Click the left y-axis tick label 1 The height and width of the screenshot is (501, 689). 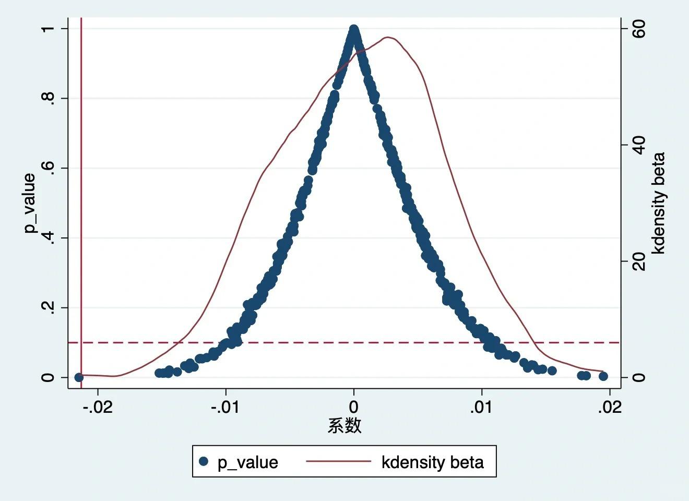pyautogui.click(x=47, y=28)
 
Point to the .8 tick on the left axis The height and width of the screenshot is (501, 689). pyautogui.click(x=47, y=98)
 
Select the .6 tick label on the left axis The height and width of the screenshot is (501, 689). pyautogui.click(x=47, y=168)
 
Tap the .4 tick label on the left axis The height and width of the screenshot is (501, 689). pyautogui.click(x=47, y=238)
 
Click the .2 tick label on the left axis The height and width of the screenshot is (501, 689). pyautogui.click(x=47, y=308)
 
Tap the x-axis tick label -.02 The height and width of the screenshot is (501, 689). pyautogui.click(x=98, y=407)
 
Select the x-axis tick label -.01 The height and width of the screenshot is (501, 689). pyautogui.click(x=225, y=407)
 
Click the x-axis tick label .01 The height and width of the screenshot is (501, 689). pyautogui.click(x=481, y=407)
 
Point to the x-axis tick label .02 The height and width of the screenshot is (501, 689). pyautogui.click(x=610, y=407)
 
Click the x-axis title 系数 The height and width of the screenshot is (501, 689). pyautogui.click(x=344, y=426)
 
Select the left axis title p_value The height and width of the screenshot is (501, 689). pyautogui.click(x=30, y=203)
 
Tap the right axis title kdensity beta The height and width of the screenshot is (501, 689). pyautogui.click(x=659, y=203)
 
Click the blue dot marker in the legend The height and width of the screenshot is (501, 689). pyautogui.click(x=204, y=461)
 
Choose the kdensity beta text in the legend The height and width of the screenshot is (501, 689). pyautogui.click(x=432, y=462)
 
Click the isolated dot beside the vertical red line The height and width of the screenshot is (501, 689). pyautogui.click(x=79, y=377)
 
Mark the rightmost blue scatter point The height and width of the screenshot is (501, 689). pyautogui.click(x=603, y=376)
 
